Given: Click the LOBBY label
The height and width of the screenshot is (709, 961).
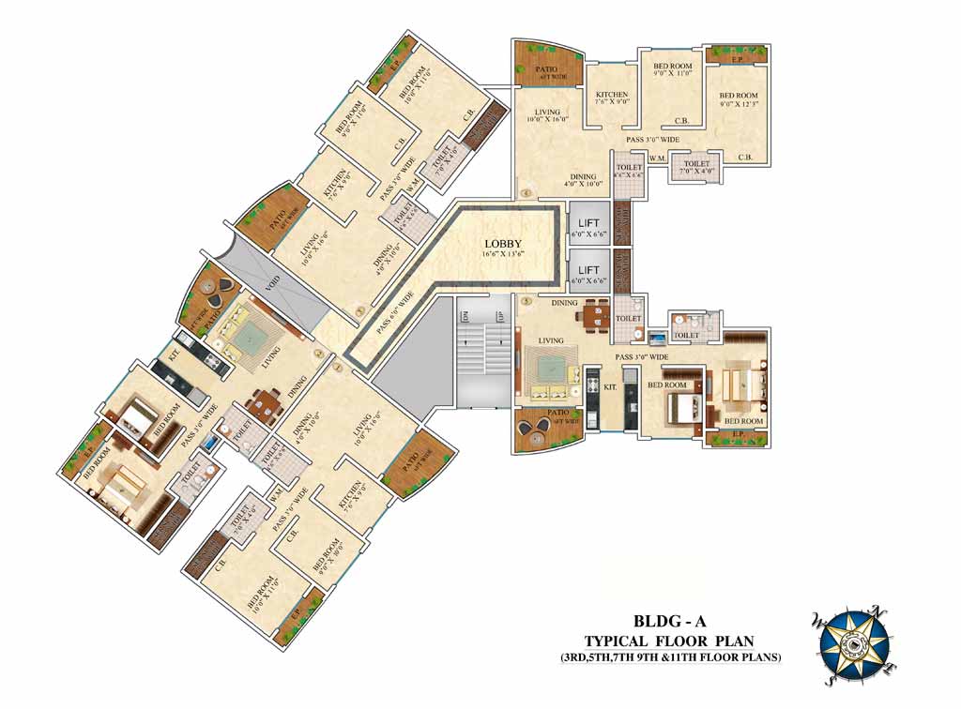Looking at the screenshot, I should pos(502,243).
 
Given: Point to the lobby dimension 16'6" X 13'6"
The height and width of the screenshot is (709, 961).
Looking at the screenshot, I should pos(502,254).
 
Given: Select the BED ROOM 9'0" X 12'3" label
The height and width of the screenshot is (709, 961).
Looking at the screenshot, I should pos(739,99).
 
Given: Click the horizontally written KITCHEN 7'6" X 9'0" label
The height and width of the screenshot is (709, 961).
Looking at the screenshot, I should pos(611,98).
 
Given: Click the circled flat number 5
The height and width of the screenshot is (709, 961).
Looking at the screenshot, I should pos(526,302).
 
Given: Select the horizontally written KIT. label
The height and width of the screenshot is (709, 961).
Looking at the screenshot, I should pos(609,386).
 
